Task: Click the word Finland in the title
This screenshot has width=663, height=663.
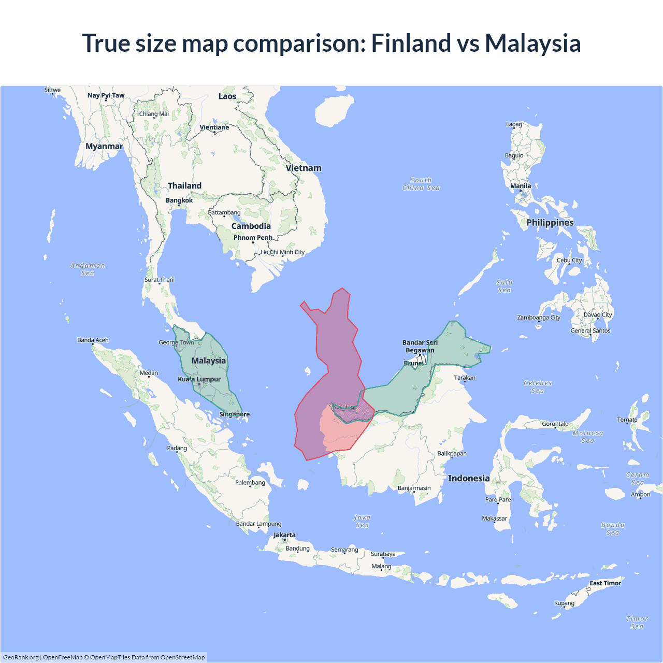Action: click(411, 43)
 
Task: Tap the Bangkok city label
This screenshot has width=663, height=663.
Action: click(179, 200)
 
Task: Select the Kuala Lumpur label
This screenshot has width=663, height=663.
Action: click(199, 379)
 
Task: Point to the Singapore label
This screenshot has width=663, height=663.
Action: click(234, 414)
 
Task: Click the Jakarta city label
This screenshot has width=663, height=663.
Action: click(284, 535)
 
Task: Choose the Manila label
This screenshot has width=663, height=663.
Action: click(521, 186)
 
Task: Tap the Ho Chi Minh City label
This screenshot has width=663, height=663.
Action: click(283, 252)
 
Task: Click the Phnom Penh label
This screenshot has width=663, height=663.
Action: click(253, 238)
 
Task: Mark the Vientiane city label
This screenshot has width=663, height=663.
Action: click(214, 127)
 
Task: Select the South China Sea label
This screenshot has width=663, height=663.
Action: click(421, 184)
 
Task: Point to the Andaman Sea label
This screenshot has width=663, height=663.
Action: click(88, 269)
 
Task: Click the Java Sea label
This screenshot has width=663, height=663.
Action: click(362, 521)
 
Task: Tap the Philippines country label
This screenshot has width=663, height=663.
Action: click(550, 223)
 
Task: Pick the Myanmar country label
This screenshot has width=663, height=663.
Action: click(104, 146)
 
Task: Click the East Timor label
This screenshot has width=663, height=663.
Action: click(605, 583)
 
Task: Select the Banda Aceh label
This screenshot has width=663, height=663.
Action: click(93, 340)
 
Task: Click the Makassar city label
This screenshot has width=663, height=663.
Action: click(495, 518)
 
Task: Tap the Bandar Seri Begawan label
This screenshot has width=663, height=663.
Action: click(420, 346)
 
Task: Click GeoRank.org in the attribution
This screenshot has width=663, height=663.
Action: click(21, 657)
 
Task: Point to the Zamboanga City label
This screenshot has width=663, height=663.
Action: click(539, 318)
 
